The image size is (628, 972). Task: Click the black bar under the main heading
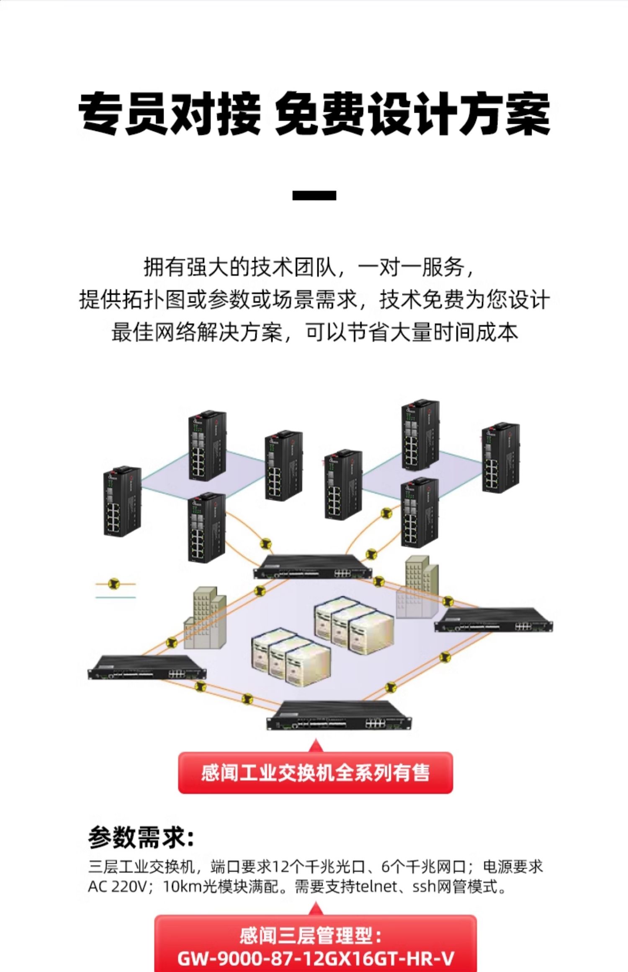(x=314, y=195)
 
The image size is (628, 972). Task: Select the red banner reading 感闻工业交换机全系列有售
(x=315, y=773)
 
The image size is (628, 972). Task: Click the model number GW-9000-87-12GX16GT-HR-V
(x=316, y=958)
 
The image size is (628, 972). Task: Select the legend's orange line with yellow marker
(x=115, y=584)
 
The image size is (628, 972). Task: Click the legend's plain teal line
(x=116, y=597)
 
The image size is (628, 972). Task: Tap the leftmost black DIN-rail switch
(x=122, y=501)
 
